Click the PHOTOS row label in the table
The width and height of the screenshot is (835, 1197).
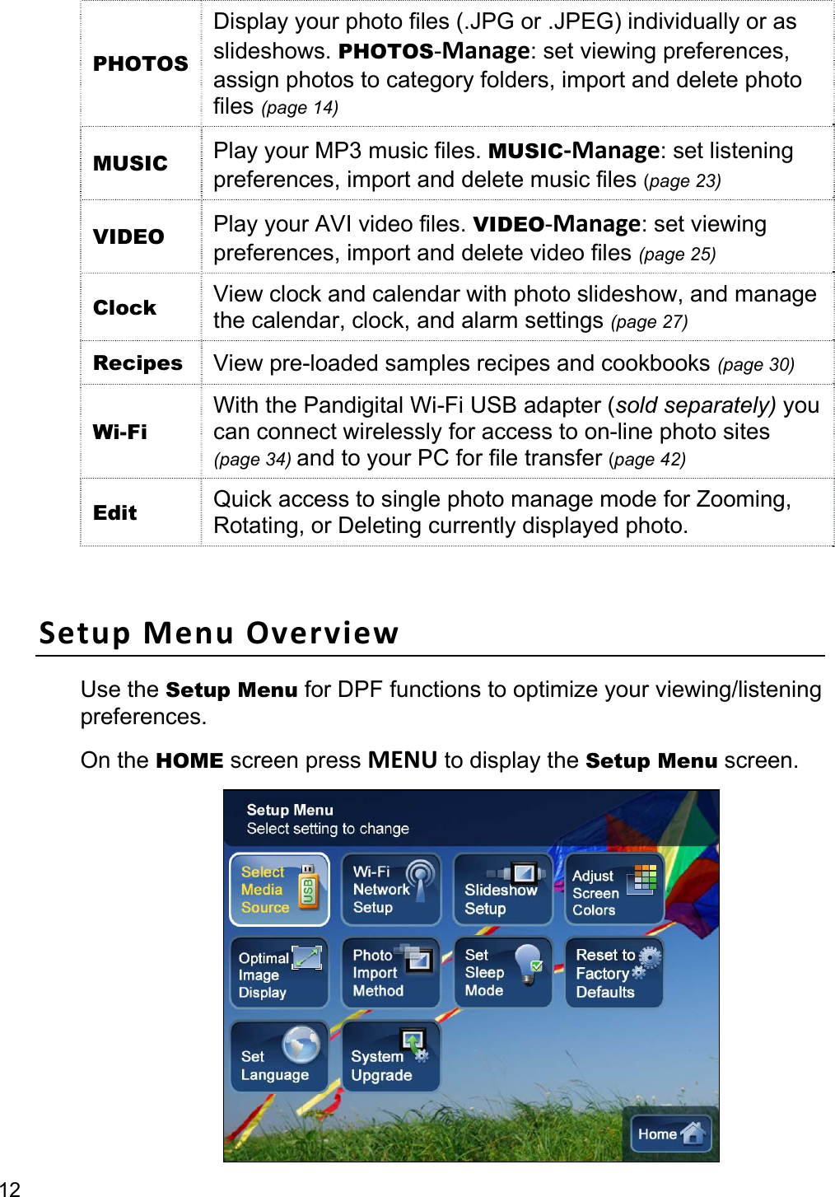[141, 63]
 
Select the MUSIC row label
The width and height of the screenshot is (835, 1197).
[130, 163]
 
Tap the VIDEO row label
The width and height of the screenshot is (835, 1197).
[128, 236]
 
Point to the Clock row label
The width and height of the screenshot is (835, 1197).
[124, 307]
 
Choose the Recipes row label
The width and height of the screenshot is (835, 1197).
[138, 363]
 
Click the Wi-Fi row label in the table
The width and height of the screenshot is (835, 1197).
[120, 432]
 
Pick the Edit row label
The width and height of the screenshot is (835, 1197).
[115, 512]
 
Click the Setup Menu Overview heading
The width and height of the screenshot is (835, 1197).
[219, 633]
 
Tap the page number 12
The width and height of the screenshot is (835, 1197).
[10, 1188]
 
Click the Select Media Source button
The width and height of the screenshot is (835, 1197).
[279, 890]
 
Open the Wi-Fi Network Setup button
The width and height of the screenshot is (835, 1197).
[391, 890]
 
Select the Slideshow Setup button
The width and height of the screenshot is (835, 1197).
[502, 890]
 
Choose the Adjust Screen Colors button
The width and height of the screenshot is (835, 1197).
[614, 890]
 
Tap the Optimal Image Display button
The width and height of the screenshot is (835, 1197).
[279, 974]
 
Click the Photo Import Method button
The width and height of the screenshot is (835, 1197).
[391, 974]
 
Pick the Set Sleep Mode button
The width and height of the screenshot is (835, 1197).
[502, 974]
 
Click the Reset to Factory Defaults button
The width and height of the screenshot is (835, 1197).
[614, 974]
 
